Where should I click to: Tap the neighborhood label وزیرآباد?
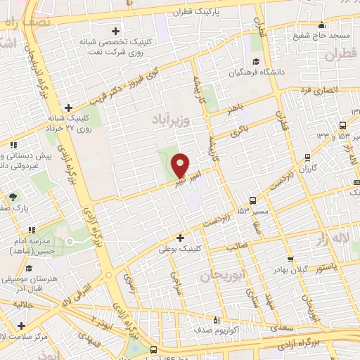click(170, 122)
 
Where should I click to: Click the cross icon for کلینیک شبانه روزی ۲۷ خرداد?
click(68, 108)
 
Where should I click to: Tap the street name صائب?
click(257, 245)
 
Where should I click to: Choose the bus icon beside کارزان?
click(307, 157)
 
